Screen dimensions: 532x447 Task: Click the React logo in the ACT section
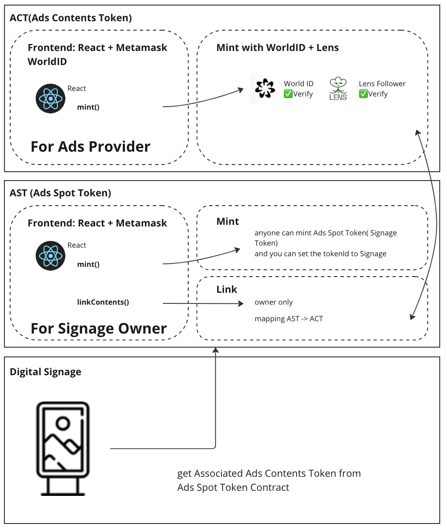(50, 99)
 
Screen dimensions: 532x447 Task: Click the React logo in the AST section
(50, 256)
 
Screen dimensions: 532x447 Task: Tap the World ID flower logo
(265, 88)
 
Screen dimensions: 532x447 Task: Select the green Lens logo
(338, 88)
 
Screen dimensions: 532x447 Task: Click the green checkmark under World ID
(288, 94)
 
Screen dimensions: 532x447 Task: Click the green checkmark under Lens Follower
(363, 94)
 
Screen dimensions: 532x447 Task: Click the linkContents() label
(103, 302)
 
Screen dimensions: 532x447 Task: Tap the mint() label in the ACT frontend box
(88, 107)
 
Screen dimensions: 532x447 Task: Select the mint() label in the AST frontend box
(88, 264)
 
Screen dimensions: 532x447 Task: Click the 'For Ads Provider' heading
(91, 147)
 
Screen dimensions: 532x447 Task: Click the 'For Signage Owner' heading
(99, 328)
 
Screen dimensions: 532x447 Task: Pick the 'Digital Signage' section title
(45, 372)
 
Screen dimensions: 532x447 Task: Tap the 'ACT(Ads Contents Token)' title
(71, 18)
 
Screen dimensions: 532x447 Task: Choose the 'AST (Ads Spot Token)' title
(60, 193)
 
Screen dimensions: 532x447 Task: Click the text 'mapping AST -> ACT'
(289, 319)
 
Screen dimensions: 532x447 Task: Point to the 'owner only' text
(274, 302)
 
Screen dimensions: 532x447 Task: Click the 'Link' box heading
(226, 289)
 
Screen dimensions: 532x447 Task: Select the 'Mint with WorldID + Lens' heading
(277, 48)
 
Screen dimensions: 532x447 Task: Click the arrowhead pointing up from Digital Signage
(215, 351)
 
